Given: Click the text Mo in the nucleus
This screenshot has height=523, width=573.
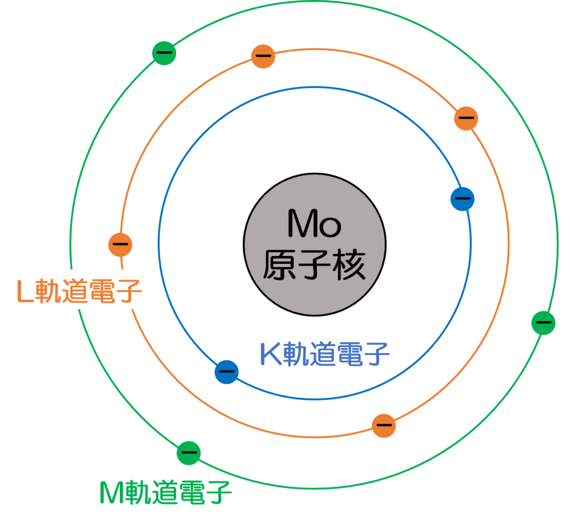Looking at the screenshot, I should coord(314,223).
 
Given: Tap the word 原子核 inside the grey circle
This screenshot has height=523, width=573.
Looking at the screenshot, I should coord(314,264).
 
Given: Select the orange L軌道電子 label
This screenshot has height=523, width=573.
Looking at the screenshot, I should coord(79,290).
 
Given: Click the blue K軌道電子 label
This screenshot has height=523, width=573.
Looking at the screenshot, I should coord(325,353).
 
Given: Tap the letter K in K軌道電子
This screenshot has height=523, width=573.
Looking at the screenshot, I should coord(271,353).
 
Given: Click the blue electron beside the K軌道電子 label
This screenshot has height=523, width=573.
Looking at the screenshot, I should coord(227,371).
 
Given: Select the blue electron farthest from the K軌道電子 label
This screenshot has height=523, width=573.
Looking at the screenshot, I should coord(463,198).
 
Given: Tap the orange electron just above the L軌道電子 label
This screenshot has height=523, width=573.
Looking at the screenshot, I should coord(120,244).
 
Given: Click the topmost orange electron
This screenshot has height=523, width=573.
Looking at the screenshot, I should coord(263,56).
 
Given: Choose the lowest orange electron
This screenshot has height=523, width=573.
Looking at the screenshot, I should coord(384,425).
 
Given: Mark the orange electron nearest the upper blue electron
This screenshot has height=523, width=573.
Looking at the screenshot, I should coord(466,118).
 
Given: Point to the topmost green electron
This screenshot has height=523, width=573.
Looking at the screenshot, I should coord(163,53).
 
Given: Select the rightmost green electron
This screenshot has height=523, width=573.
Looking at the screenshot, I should coord(543,322).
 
